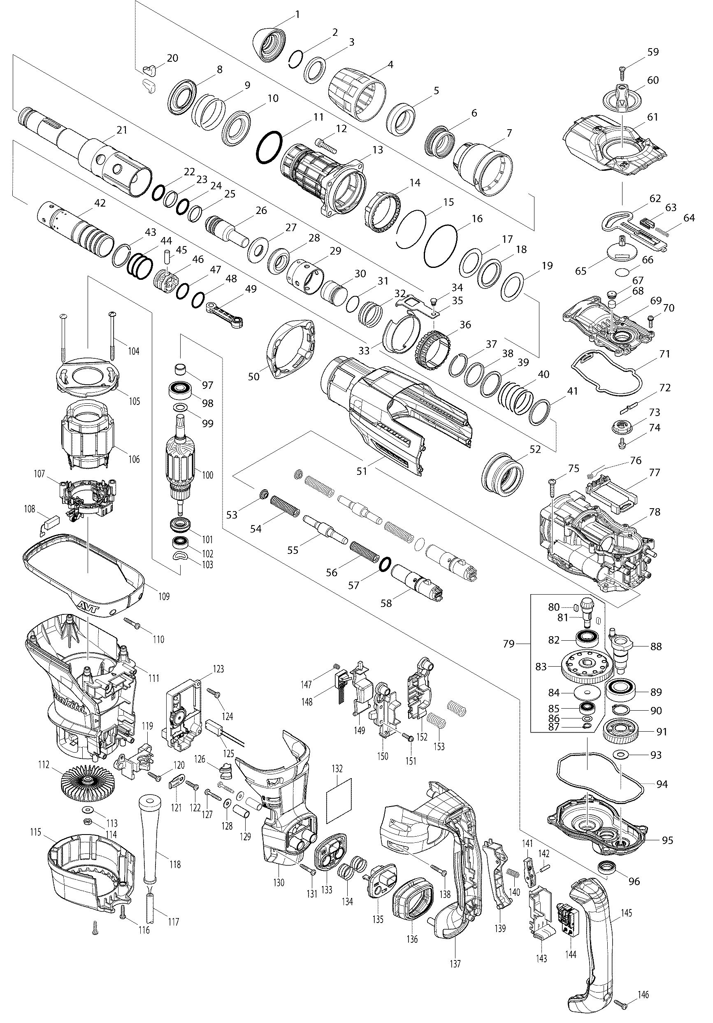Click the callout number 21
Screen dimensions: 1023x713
[122, 130]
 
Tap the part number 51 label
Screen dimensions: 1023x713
[362, 470]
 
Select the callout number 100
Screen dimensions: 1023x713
[207, 475]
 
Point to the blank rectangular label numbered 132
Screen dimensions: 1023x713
[339, 801]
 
